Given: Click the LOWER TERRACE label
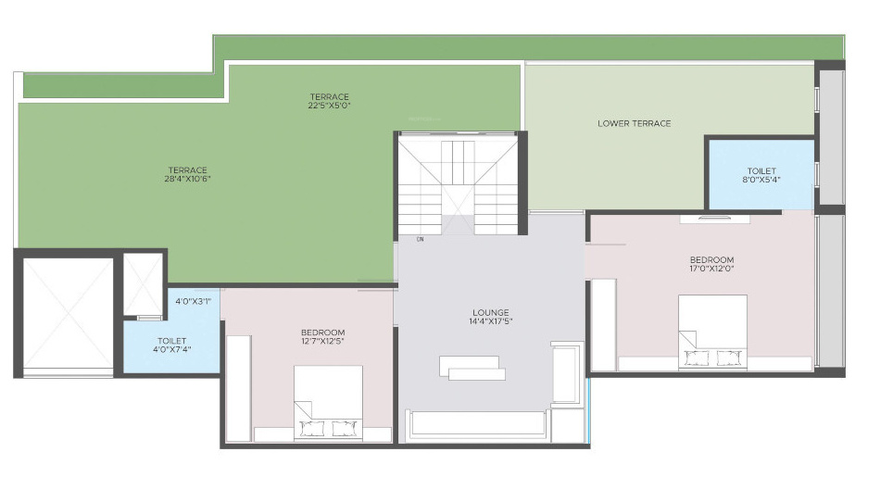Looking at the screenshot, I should pyautogui.click(x=634, y=123).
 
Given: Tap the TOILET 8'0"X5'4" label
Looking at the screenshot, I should pyautogui.click(x=761, y=176).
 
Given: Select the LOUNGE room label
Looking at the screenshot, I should pyautogui.click(x=490, y=317).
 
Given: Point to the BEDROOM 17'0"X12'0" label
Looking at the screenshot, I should pyautogui.click(x=711, y=265).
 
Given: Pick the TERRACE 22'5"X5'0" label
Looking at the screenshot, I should pyautogui.click(x=330, y=101).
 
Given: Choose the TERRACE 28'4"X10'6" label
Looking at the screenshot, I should pyautogui.click(x=187, y=174).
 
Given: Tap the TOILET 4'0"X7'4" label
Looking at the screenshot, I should pyautogui.click(x=172, y=345).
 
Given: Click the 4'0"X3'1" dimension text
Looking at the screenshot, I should pyautogui.click(x=194, y=301).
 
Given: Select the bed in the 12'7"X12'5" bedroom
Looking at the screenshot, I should pyautogui.click(x=328, y=401).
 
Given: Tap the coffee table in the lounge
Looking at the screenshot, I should pyautogui.click(x=473, y=367).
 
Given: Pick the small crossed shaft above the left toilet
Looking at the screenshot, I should pyautogui.click(x=144, y=284).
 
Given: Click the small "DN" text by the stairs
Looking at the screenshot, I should pyautogui.click(x=420, y=240).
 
